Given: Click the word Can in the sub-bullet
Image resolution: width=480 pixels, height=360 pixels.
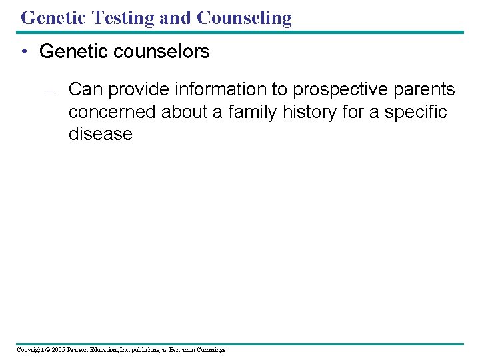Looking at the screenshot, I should click(84, 89).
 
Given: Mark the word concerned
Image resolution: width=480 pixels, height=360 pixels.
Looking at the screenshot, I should click(112, 112).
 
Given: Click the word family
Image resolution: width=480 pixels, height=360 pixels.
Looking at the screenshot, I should click(253, 112).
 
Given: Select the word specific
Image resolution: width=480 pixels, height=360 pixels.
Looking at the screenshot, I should click(415, 112).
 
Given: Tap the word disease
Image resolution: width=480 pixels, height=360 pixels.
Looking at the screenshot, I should click(100, 134).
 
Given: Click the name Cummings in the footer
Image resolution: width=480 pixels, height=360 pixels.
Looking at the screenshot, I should click(211, 350).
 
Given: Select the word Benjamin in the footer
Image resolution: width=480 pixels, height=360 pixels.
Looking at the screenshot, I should click(181, 350).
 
